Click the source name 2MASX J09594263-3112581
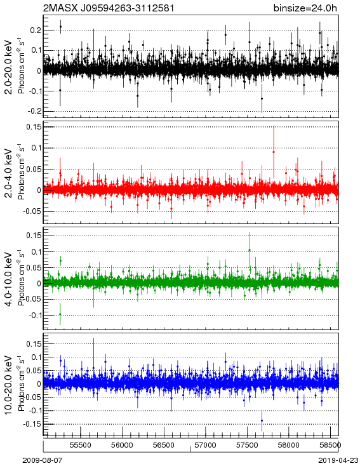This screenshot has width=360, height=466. coord(109,8)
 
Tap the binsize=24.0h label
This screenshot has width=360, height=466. coord(305,8)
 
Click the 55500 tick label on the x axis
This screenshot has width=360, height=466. coord(81,445)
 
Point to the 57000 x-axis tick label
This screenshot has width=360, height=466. coord(206,445)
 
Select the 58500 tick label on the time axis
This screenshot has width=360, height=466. coord(330,445)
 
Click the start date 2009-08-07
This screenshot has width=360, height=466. coord(43,460)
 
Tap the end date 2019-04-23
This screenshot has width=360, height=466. coord(338,460)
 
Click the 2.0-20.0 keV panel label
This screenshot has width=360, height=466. coord(9,67)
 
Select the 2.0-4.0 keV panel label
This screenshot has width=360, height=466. coord(9,173)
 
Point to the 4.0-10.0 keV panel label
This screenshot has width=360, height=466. coord(9,279)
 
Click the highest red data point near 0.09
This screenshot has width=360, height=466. coord(274,152)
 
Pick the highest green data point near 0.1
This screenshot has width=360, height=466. coord(250,250)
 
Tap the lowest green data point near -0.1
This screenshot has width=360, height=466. coord(60,314)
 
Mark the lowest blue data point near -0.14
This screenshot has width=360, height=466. coord(262,420)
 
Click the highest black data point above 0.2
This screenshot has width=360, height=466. coord(61,27)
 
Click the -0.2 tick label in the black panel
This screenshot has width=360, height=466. coord(35,112)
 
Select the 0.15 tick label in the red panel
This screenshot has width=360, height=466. coord(33,127)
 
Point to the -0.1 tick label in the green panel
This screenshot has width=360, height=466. coord(35,316)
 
